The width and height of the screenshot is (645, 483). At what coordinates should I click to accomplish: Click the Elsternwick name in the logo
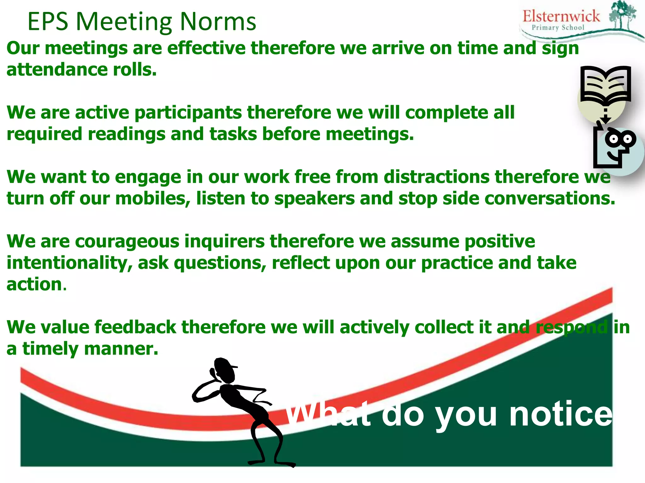point(561,16)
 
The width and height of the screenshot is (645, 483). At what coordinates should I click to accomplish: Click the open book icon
point(605,84)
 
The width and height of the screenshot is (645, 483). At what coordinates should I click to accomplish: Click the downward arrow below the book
point(605,117)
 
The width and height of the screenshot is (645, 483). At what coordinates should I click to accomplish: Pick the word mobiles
point(153,199)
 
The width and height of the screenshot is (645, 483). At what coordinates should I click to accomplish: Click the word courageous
point(127,241)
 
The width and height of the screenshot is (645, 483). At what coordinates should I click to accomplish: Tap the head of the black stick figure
point(224,370)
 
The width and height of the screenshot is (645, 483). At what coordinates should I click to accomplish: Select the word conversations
point(550,199)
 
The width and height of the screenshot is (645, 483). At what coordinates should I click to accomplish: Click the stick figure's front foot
point(285,464)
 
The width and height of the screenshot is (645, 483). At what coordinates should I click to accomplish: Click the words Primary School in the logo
point(558,28)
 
